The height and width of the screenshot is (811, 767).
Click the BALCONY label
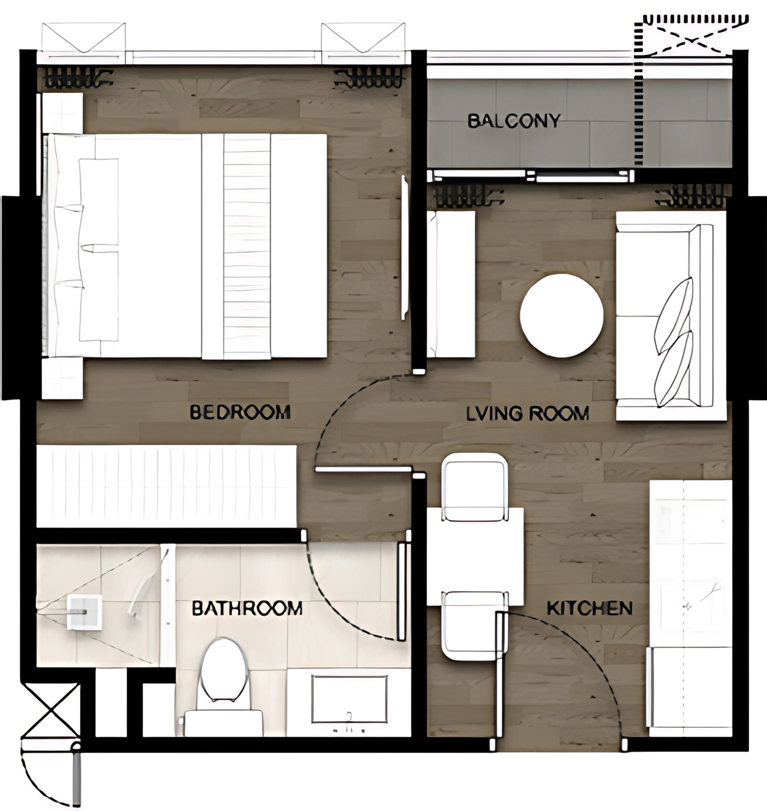coord(514,121)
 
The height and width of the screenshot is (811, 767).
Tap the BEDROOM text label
coord(240,412)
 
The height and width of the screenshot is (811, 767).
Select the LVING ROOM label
coord(528,414)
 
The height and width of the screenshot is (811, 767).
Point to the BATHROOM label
coord(247,609)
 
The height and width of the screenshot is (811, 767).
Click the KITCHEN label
coord(590,608)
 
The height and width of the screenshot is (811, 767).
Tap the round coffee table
coord(562,316)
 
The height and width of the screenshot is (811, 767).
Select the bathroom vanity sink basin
coord(349,699)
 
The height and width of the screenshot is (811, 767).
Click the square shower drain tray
coord(84,612)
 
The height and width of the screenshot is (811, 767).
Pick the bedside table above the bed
coord(62,113)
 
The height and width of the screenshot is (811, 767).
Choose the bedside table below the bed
coord(62,378)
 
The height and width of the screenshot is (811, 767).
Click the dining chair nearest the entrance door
coord(475,626)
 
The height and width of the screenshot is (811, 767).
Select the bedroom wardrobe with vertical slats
coord(167,487)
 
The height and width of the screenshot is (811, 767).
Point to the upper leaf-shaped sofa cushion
coord(673,316)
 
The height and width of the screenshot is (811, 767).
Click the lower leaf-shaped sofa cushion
coord(673,369)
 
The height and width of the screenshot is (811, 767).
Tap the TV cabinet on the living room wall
coord(451,284)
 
